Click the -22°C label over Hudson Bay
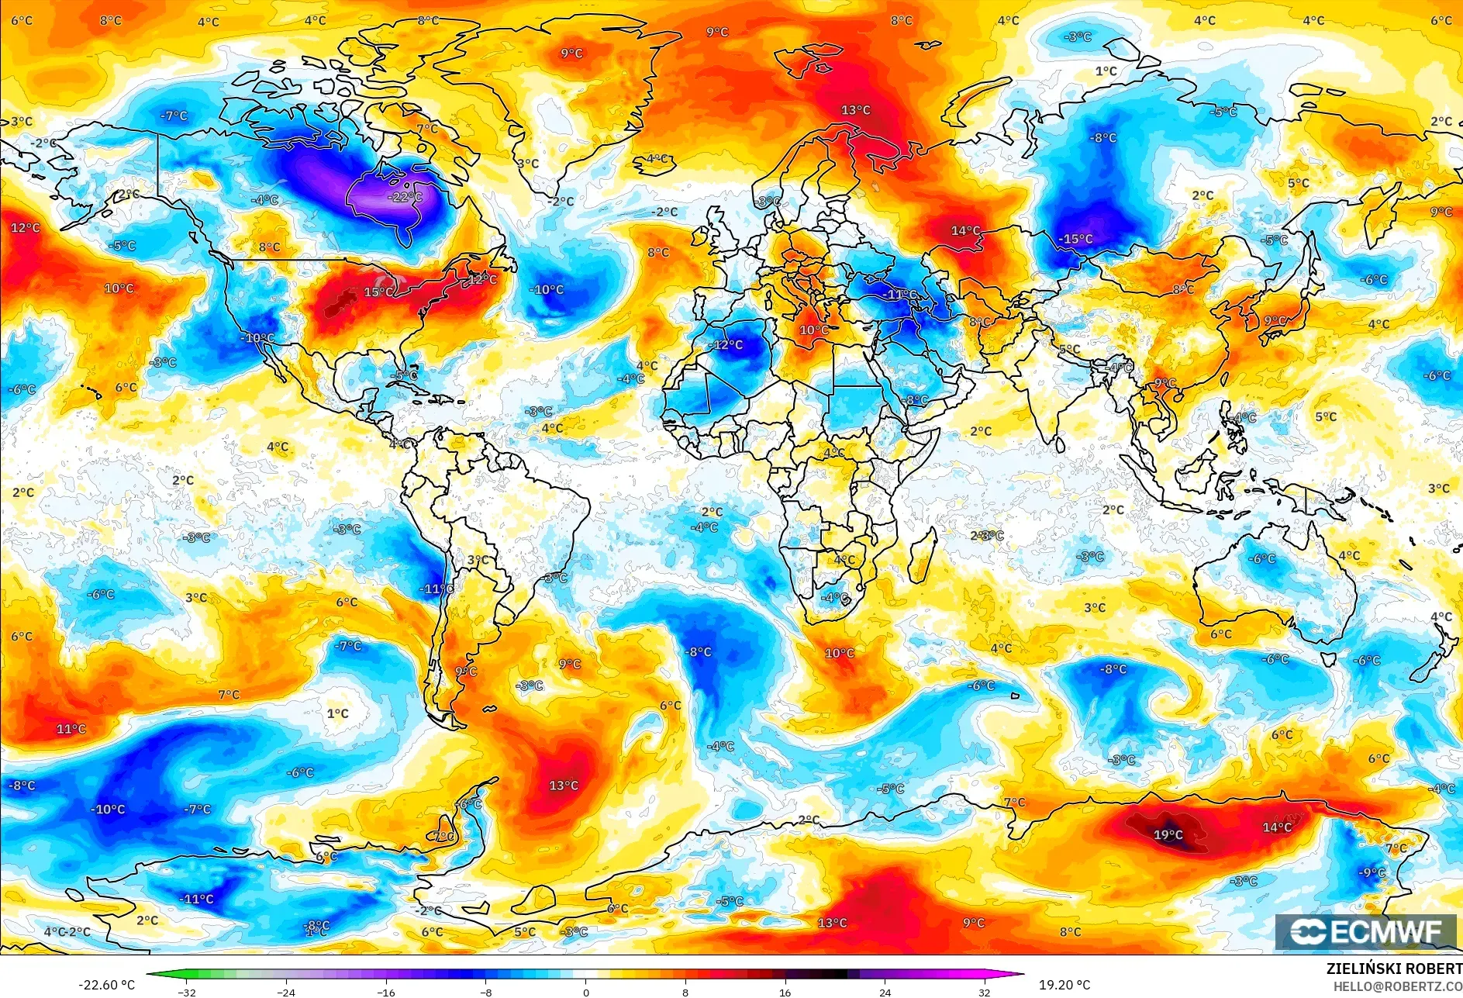(405, 197)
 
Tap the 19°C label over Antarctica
(1168, 834)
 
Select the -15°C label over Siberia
(1076, 239)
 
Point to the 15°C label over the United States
(378, 292)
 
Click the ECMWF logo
(1366, 931)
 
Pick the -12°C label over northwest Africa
(727, 344)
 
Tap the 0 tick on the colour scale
(585, 992)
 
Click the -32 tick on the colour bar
(186, 992)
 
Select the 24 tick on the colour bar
(885, 992)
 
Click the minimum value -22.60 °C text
(106, 985)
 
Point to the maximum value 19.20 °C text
(1064, 985)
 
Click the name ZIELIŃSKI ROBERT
(1394, 969)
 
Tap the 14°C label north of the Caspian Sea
(965, 230)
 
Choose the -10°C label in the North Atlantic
(547, 289)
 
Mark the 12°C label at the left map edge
(25, 227)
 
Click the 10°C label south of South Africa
(839, 653)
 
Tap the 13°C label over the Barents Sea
(856, 110)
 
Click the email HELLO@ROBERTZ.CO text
(1397, 986)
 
